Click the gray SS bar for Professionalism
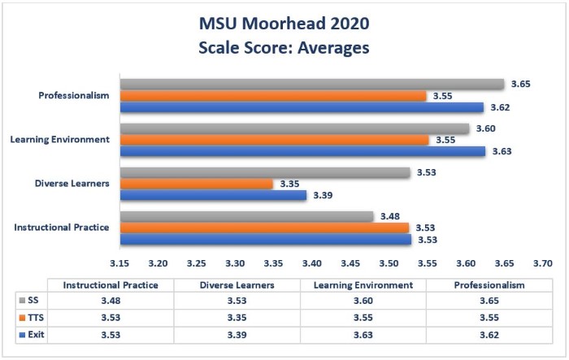click(x=312, y=84)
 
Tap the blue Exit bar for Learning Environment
click(x=302, y=150)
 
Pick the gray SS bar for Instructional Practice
click(x=246, y=216)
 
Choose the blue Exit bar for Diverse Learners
click(x=213, y=195)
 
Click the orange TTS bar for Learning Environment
click(x=274, y=140)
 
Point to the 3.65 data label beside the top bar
click(x=520, y=85)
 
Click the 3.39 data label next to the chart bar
click(x=324, y=195)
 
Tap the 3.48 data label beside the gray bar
click(x=390, y=216)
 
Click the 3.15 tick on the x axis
click(x=119, y=263)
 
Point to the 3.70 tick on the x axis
click(x=542, y=263)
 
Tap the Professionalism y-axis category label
click(x=74, y=96)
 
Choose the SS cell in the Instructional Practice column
click(x=110, y=301)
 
